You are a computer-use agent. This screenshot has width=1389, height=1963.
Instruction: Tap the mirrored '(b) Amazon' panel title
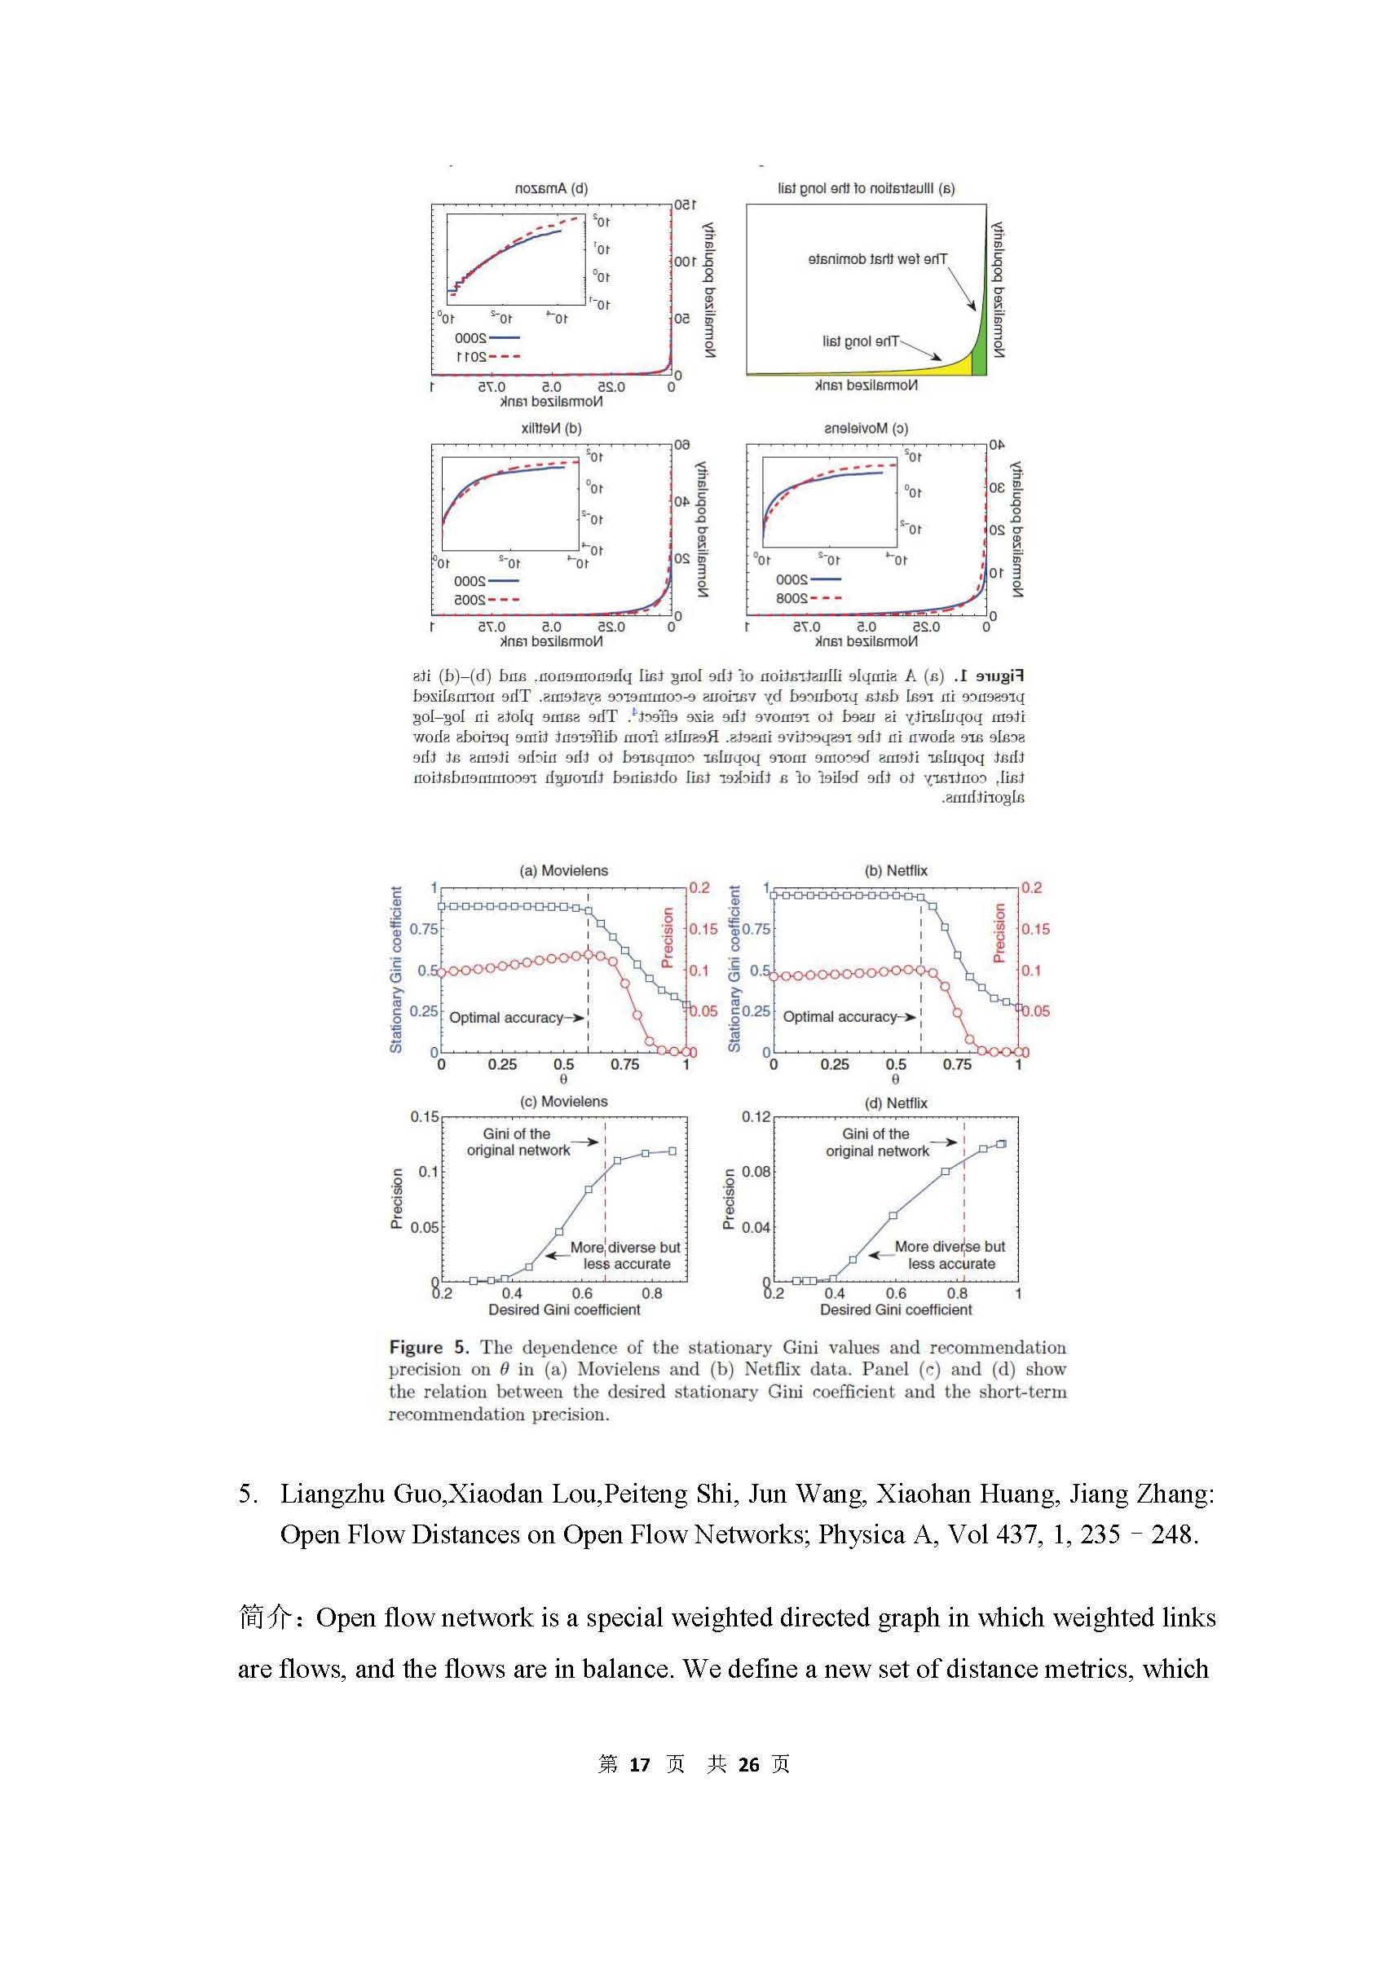(x=552, y=189)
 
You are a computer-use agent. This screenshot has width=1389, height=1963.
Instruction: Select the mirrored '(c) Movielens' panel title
(x=866, y=429)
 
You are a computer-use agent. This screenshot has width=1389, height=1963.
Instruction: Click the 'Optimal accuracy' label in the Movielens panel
(x=506, y=1018)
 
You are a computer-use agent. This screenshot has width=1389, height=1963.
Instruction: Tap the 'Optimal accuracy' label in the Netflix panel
(x=839, y=1017)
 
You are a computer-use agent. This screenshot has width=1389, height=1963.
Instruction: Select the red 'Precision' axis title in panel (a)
(x=668, y=937)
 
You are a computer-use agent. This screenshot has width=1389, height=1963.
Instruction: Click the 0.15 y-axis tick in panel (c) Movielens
(x=424, y=1116)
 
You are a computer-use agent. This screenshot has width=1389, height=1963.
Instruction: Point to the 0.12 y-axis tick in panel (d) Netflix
(x=756, y=1116)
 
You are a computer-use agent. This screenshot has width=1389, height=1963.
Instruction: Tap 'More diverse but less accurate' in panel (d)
(x=950, y=1255)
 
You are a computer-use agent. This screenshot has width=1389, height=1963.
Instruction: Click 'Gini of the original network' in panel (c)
(x=518, y=1142)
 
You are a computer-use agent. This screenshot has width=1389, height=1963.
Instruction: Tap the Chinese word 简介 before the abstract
(x=264, y=1617)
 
